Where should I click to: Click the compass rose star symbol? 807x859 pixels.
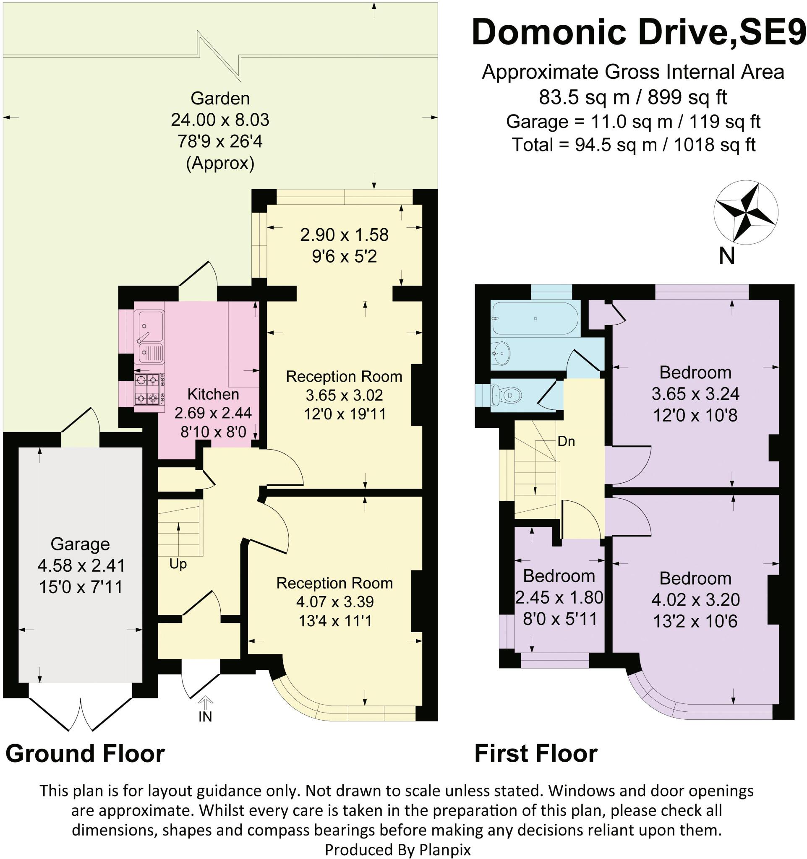[746, 213]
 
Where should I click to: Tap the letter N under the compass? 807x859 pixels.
[726, 256]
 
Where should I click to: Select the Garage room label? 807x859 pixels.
[80, 544]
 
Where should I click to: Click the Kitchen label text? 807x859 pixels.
[213, 394]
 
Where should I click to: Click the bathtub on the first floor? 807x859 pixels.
[535, 318]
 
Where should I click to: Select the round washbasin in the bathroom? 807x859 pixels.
[501, 354]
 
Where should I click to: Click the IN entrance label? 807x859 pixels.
[205, 717]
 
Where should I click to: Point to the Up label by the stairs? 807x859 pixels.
[178, 564]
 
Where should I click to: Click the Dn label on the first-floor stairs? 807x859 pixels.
[566, 441]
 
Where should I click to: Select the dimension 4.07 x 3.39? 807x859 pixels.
[334, 601]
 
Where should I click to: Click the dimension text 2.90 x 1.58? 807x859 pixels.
[344, 234]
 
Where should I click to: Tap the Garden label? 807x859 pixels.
[220, 99]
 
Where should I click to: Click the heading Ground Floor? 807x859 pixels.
[85, 765]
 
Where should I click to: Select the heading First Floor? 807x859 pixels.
[535, 765]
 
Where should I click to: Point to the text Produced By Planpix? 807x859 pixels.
[398, 850]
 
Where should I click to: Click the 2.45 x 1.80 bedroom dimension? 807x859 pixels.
[559, 598]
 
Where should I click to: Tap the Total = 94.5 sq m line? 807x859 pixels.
[633, 144]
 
